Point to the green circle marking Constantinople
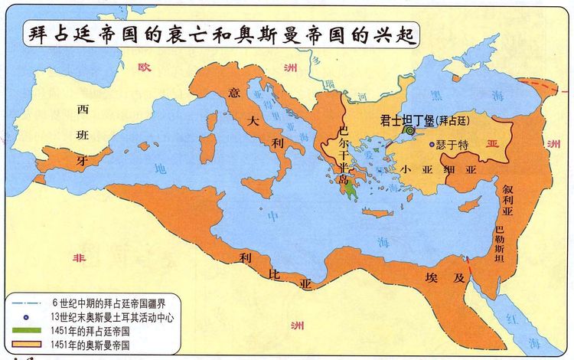tap(410, 132)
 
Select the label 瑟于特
tap(452, 144)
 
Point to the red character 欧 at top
tap(142, 68)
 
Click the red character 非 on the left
tap(78, 260)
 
